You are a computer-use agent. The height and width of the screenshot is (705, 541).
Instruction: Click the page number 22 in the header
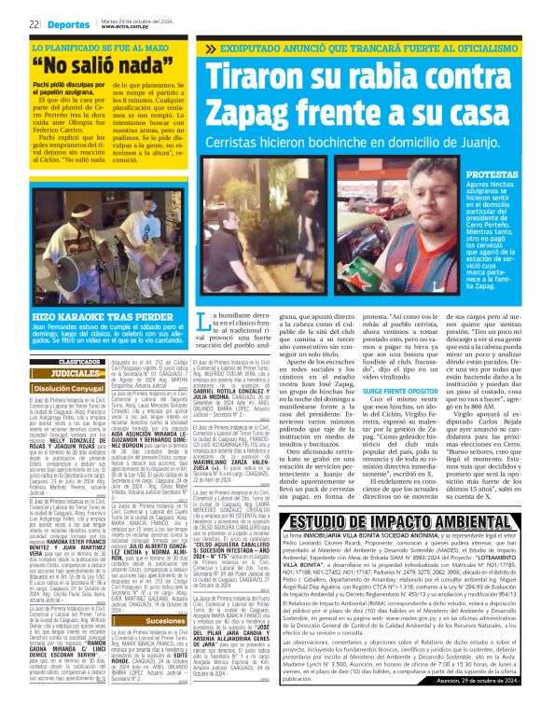point(33,23)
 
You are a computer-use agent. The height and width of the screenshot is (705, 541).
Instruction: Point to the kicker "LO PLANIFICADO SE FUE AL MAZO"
point(100,47)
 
